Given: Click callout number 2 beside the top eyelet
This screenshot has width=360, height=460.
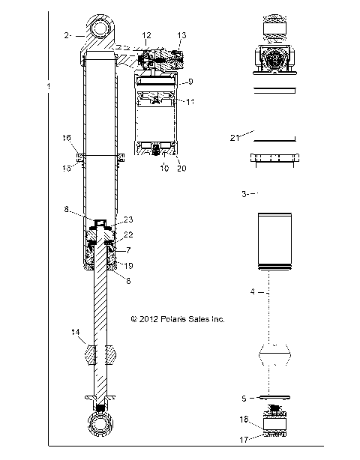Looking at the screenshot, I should (67, 35).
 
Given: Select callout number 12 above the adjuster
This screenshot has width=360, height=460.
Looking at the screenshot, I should (146, 35).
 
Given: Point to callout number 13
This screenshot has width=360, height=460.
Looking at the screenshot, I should (181, 35).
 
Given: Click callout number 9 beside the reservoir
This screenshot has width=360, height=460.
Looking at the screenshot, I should (190, 81).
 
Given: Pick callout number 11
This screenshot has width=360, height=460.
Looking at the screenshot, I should (190, 100).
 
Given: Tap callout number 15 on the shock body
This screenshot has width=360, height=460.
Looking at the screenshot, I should (67, 169).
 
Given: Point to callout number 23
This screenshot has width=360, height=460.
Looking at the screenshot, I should (128, 220).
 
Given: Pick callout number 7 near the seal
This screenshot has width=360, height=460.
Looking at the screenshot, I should (128, 249).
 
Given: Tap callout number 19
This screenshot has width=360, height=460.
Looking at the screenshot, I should (129, 265).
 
